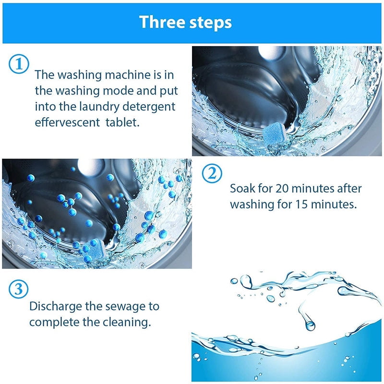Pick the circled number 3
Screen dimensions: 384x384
tap(19, 289)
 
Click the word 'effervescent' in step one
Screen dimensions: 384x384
tap(65, 122)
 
